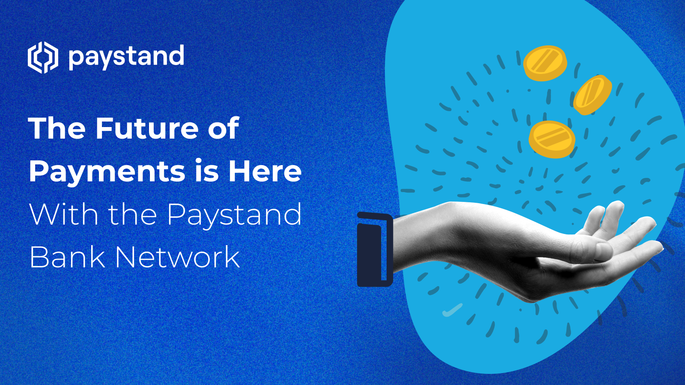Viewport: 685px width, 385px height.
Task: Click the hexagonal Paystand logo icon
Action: click(43, 57)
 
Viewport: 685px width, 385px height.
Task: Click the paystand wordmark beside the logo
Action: click(126, 57)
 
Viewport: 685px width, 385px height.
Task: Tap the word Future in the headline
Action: click(147, 128)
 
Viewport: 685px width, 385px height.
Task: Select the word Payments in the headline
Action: click(107, 172)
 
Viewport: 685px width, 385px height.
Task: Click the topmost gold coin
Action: click(545, 63)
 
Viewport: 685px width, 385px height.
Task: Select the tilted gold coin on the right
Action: click(593, 95)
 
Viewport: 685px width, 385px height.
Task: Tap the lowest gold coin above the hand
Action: click(552, 139)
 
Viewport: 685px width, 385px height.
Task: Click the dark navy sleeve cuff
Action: click(375, 249)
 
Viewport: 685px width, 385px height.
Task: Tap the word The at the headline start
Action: click(57, 128)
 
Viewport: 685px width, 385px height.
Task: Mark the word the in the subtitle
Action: click(133, 214)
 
